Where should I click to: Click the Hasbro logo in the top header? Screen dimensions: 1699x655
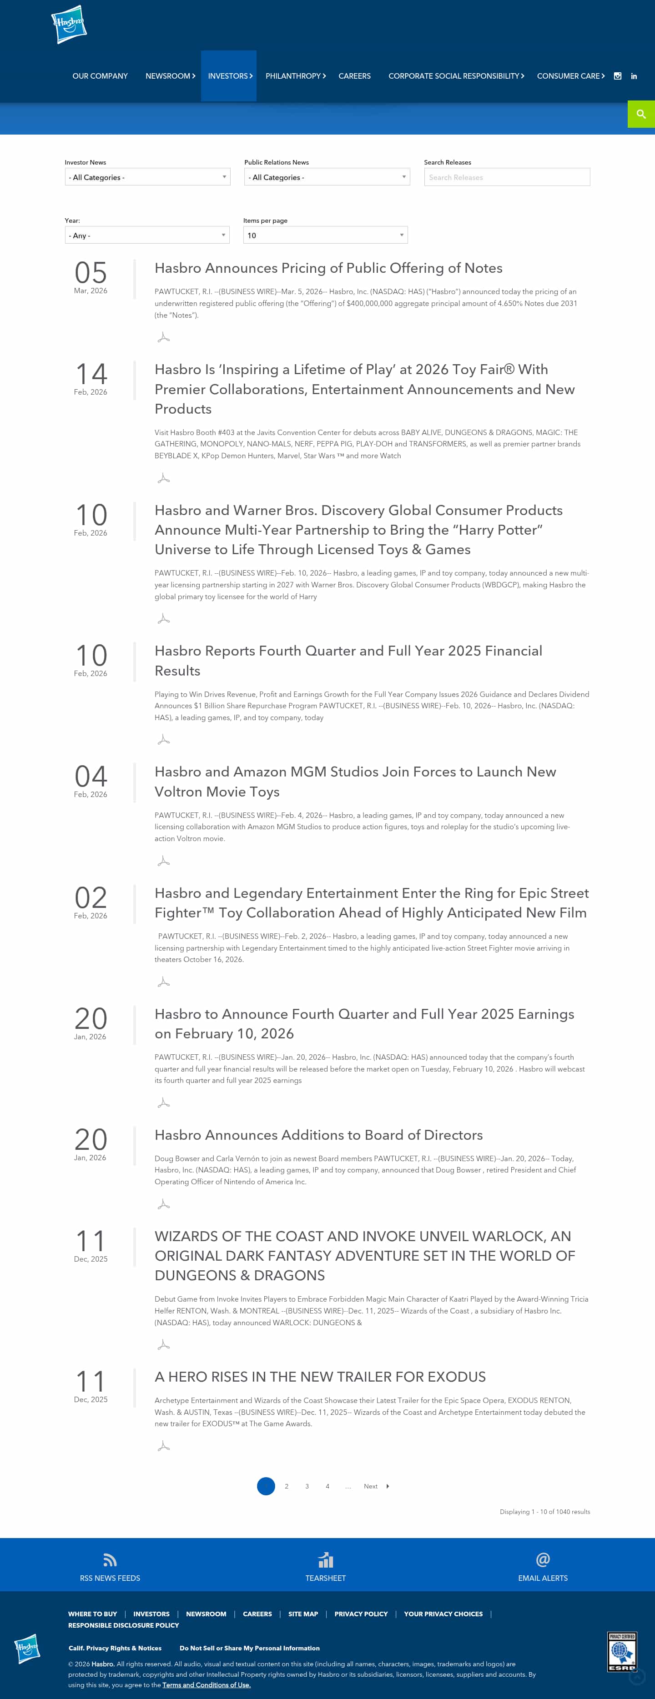[x=69, y=25]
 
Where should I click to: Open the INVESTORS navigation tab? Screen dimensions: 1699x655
[x=228, y=76]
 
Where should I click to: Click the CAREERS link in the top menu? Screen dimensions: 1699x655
[x=354, y=76]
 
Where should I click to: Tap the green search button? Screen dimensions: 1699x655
[x=640, y=114]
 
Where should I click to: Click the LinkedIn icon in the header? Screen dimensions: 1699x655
[x=633, y=76]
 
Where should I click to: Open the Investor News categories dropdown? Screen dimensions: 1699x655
[x=147, y=177]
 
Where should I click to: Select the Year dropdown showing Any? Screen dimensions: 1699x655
[x=146, y=236]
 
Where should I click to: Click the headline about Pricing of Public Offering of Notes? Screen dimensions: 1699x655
[x=328, y=268]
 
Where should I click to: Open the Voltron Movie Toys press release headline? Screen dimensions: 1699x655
[x=355, y=782]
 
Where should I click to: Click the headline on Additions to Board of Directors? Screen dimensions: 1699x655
[x=318, y=1134]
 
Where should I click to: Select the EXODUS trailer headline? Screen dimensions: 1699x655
[x=320, y=1377]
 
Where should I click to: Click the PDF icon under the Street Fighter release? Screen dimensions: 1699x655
[x=164, y=982]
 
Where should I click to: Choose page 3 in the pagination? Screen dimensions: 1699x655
[x=307, y=1486]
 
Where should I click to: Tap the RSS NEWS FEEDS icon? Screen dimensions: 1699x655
[x=110, y=1560]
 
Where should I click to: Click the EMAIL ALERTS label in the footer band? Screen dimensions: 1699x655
[x=542, y=1578]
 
